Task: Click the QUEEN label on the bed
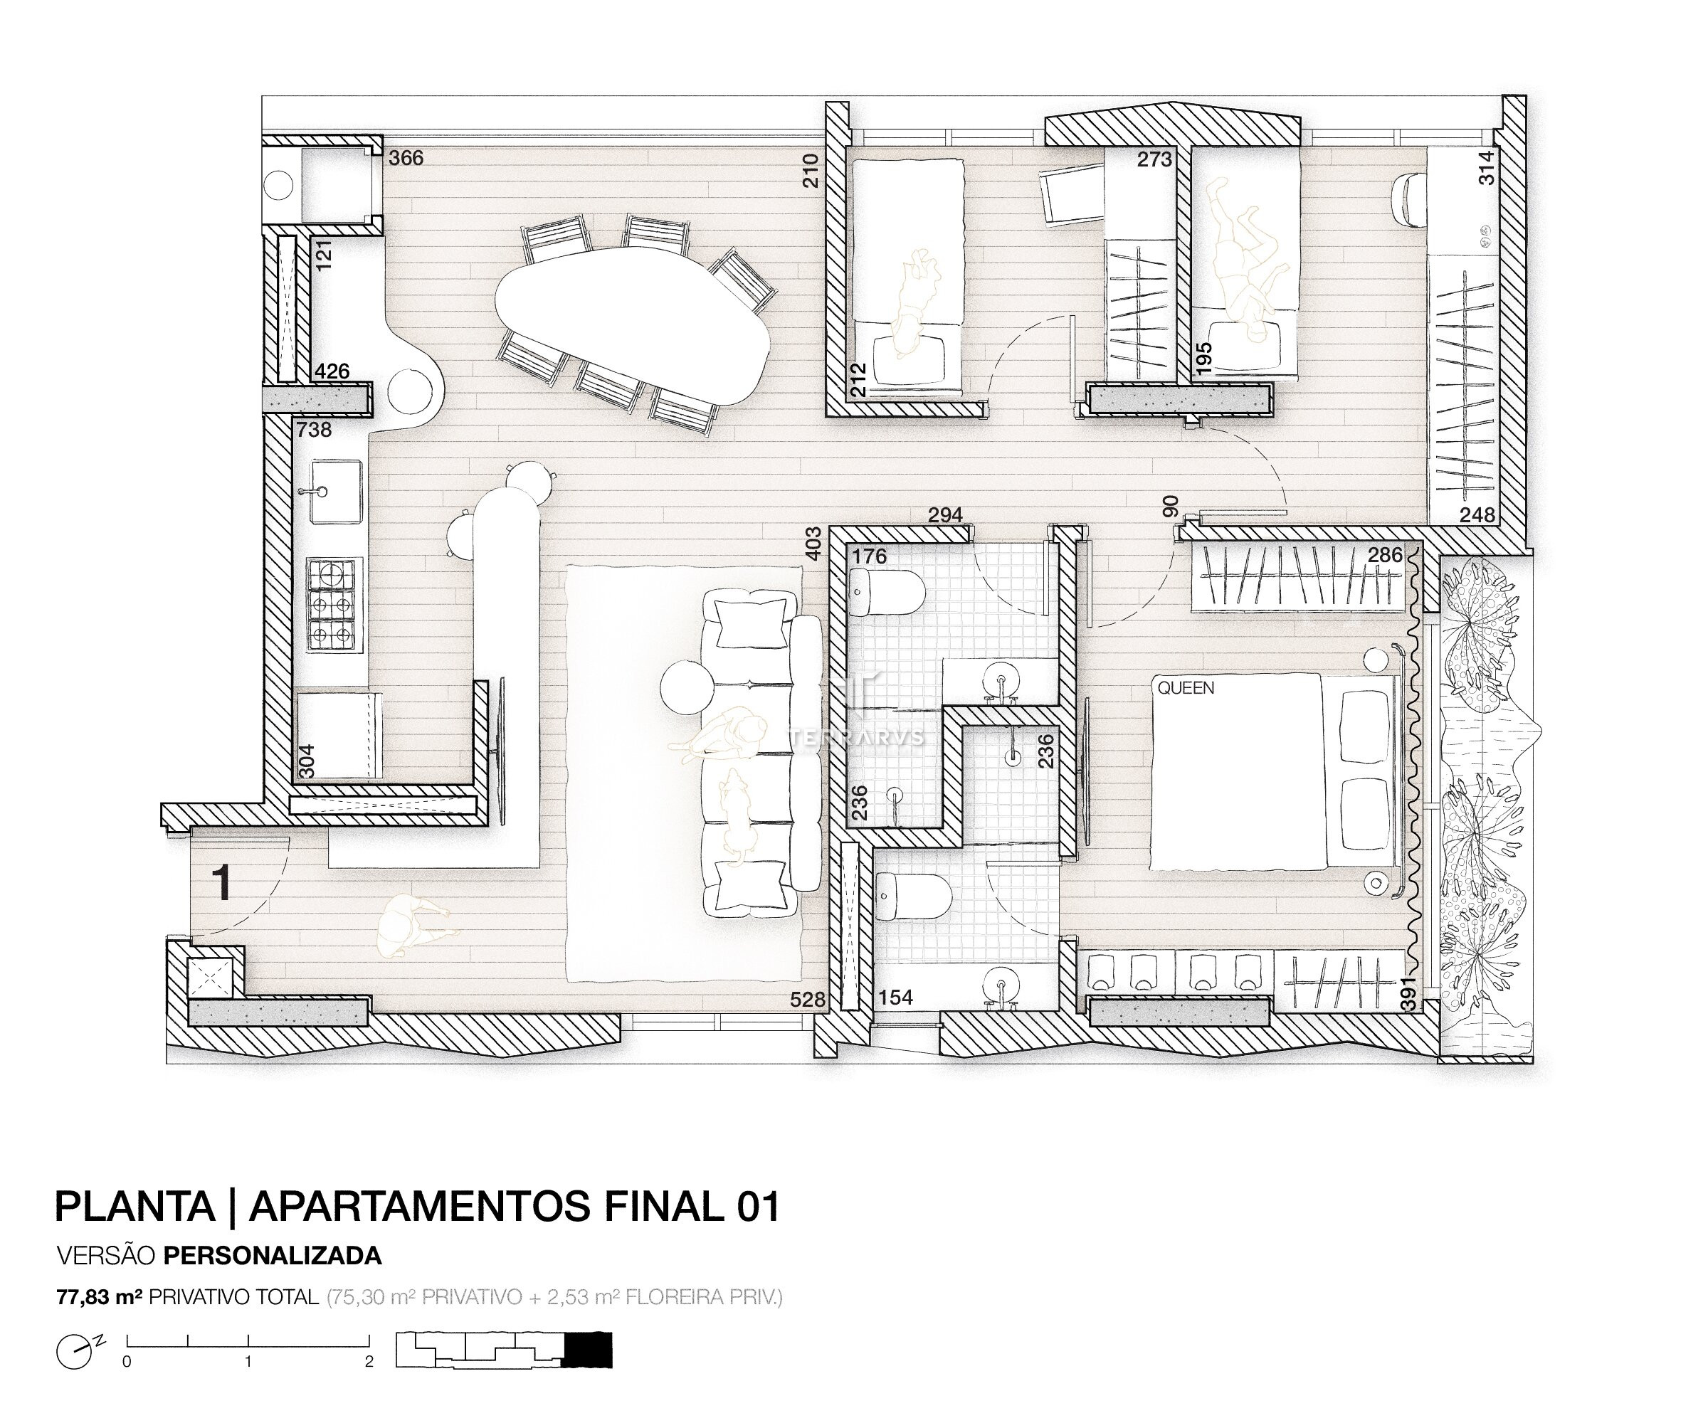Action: click(1186, 688)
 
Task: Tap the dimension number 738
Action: click(314, 430)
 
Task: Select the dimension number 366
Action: click(406, 158)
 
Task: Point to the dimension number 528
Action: click(808, 1000)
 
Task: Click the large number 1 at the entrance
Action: click(221, 883)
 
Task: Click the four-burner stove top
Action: click(332, 604)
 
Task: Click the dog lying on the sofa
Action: click(738, 815)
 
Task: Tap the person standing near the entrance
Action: click(411, 924)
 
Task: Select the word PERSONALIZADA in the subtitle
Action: click(273, 1256)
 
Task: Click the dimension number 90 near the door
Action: click(1171, 507)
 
